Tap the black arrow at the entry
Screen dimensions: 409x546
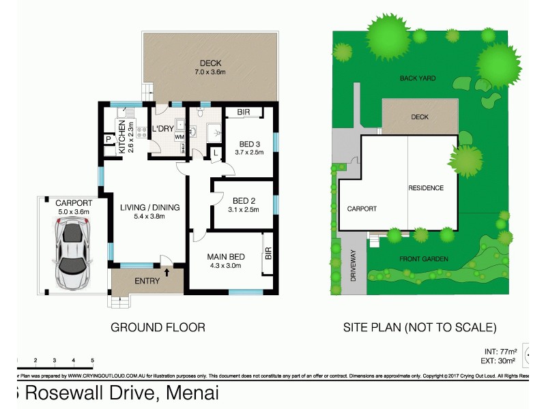[166, 273]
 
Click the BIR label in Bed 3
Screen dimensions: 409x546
[243, 112]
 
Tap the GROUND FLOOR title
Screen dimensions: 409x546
[158, 327]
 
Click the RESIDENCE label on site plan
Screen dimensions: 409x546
[425, 188]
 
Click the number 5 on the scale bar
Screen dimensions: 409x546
[91, 360]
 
